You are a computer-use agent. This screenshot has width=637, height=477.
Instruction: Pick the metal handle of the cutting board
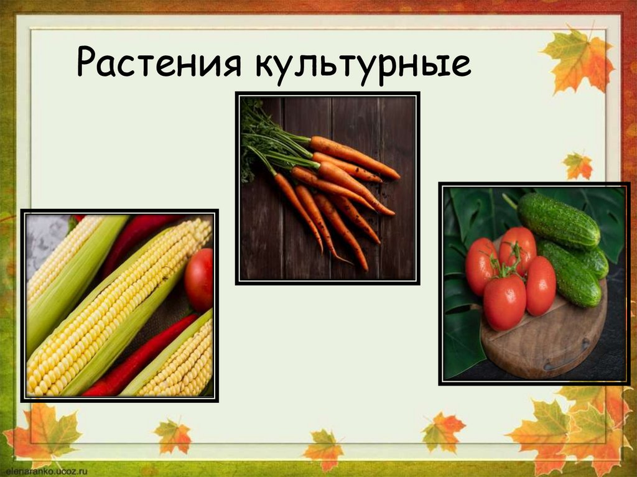point(566,362)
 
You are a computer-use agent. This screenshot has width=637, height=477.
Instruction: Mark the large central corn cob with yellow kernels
point(118,305)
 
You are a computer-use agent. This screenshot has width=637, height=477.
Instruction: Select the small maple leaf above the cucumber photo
point(578,165)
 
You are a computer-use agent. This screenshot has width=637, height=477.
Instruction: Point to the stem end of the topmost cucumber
point(510,200)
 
